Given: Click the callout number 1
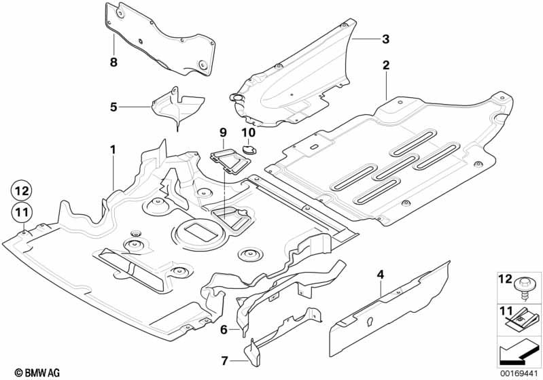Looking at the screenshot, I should point(113,148).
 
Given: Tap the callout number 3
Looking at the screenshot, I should point(385,39).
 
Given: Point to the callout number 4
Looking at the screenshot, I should point(380,275).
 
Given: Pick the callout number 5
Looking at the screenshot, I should point(113,107).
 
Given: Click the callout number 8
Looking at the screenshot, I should point(113,62).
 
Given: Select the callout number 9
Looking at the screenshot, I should point(222,131).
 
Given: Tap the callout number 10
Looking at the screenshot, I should point(247,131).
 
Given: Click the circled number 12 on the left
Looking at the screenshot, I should point(20,190).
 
